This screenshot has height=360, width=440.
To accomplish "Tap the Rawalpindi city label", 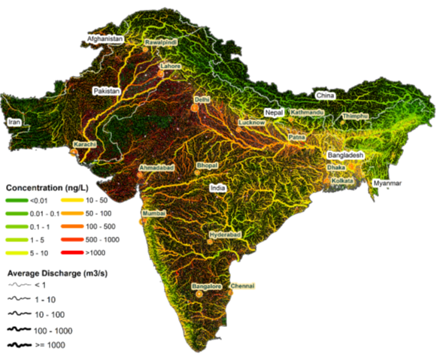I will (x=160, y=44).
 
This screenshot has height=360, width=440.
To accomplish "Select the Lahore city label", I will (x=171, y=66).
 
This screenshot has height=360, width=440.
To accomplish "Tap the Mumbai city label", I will (x=154, y=213).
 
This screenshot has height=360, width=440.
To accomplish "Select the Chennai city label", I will (x=243, y=286).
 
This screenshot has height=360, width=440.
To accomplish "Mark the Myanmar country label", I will (x=388, y=183).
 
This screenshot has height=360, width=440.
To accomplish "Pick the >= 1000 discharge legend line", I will (x=17, y=345).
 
